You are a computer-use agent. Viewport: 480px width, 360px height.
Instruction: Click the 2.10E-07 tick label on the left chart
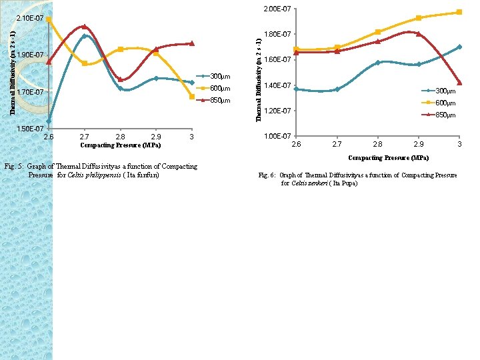(29, 17)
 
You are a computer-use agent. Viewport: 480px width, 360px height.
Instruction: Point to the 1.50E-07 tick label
(29, 128)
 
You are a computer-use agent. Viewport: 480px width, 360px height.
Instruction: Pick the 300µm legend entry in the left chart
(220, 77)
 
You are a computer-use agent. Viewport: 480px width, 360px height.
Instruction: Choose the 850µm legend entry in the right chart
(445, 115)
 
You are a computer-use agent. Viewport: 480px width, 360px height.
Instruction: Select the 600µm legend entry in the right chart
(445, 103)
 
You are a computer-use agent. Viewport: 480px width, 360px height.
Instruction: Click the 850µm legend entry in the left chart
(220, 101)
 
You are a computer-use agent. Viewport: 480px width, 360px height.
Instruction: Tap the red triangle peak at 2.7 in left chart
(84, 27)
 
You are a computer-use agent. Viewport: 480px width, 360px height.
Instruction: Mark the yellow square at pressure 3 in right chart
(459, 12)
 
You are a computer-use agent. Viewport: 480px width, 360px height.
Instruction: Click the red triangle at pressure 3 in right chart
(459, 83)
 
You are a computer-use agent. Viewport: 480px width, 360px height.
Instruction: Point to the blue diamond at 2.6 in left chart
(49, 121)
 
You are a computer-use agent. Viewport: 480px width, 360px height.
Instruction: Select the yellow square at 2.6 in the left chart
(49, 19)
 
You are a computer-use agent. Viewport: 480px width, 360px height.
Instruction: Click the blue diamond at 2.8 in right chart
(377, 63)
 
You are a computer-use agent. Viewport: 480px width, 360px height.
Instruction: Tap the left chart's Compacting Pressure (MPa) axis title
(120, 145)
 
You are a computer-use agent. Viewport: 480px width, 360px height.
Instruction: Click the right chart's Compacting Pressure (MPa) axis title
(388, 158)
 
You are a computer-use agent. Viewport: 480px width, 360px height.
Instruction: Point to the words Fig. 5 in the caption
(13, 166)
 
